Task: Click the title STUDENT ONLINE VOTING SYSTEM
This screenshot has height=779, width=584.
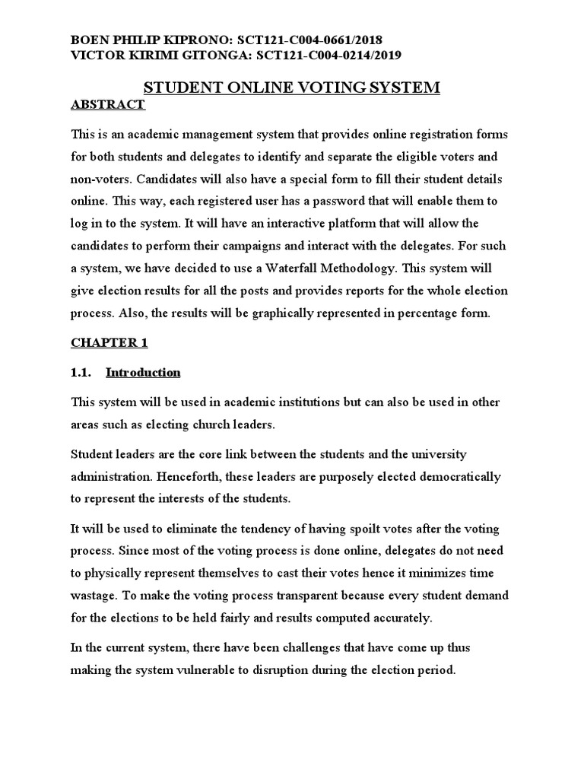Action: [x=292, y=87]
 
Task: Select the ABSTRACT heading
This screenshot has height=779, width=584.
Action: [x=107, y=105]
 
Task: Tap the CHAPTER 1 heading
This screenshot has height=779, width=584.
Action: [x=109, y=343]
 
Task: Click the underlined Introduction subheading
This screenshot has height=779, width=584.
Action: [x=143, y=373]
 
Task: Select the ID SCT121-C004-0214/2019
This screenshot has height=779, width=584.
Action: [x=319, y=55]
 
